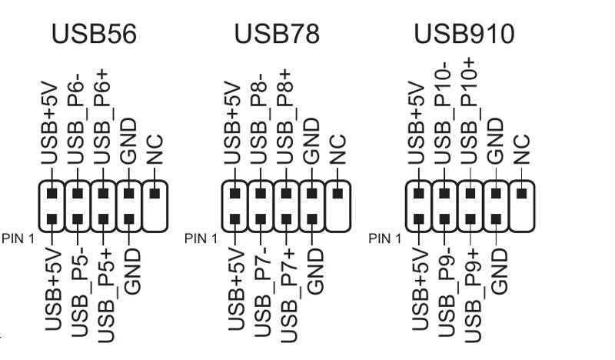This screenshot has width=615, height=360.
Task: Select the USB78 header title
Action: [278, 34]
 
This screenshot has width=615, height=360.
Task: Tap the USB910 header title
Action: [464, 34]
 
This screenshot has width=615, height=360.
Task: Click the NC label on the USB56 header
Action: [155, 150]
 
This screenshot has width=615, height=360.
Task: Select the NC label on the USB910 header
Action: [522, 150]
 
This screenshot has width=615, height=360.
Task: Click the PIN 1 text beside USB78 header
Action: [201, 238]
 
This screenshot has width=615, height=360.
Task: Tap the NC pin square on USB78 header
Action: [337, 192]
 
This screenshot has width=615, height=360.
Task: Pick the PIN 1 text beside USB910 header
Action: [385, 238]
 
